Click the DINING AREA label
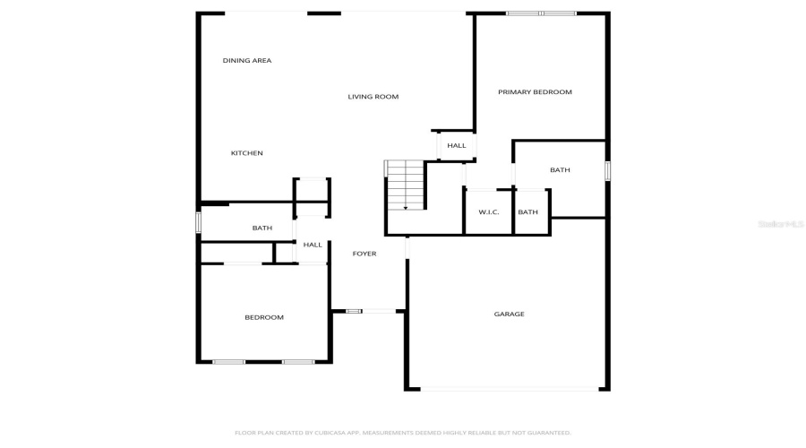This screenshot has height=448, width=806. click(x=247, y=61)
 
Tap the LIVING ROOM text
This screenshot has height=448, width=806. click(x=373, y=97)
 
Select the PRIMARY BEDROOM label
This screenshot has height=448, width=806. click(x=535, y=92)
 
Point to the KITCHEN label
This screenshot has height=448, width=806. click(x=247, y=153)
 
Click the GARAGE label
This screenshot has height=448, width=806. click(x=510, y=314)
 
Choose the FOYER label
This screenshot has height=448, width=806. click(x=364, y=254)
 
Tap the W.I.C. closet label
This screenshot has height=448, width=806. click(x=489, y=212)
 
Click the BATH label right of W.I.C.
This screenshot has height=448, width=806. click(x=528, y=212)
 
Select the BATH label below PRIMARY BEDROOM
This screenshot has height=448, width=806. click(x=560, y=170)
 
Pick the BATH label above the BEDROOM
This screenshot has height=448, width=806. click(x=262, y=228)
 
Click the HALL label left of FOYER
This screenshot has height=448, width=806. click(x=313, y=245)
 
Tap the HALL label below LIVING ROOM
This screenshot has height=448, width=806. click(x=457, y=145)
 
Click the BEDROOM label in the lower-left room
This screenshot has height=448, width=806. click(x=264, y=317)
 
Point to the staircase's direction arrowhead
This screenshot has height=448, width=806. click(x=406, y=207)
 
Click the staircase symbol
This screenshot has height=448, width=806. click(x=405, y=185)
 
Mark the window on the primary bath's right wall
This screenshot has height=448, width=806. click(x=607, y=170)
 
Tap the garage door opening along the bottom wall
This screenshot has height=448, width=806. click(x=510, y=389)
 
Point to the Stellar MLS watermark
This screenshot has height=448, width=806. click(x=780, y=224)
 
